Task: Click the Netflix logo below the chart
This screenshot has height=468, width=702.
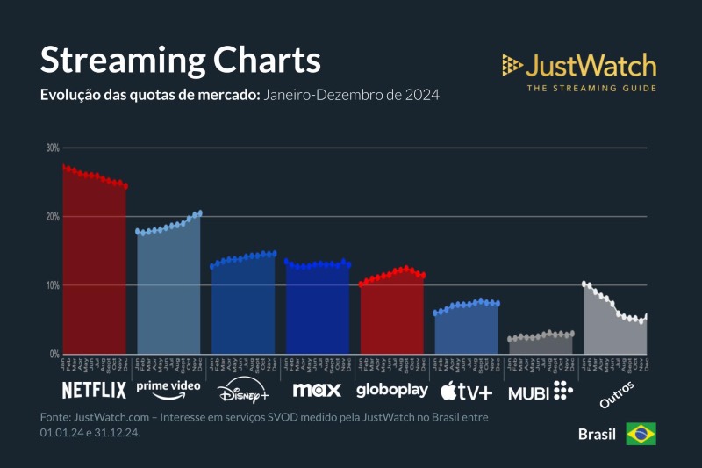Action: pyautogui.click(x=94, y=390)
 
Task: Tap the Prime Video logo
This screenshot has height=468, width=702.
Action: pyautogui.click(x=168, y=387)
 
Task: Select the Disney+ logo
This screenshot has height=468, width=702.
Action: pyautogui.click(x=243, y=390)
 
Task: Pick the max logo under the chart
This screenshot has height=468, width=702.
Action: pyautogui.click(x=317, y=389)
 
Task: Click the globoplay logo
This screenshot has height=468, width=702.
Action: pyautogui.click(x=392, y=390)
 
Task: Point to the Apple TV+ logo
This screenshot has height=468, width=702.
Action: pyautogui.click(x=466, y=390)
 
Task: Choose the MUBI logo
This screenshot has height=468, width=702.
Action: pyautogui.click(x=540, y=391)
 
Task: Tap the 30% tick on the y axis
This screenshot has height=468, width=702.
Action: pyautogui.click(x=53, y=148)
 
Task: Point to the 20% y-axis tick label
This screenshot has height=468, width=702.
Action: pyautogui.click(x=53, y=216)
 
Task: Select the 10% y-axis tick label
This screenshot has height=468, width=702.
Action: pyautogui.click(x=53, y=285)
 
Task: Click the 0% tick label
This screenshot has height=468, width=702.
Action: pyautogui.click(x=54, y=354)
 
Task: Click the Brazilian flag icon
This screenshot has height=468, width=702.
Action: pyautogui.click(x=641, y=434)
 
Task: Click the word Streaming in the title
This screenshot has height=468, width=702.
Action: pyautogui.click(x=118, y=61)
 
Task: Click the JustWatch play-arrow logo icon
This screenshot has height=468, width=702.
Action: pyautogui.click(x=512, y=65)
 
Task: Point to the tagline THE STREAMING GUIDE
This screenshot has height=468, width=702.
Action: pyautogui.click(x=591, y=88)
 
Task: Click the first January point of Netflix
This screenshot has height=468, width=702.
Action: pyautogui.click(x=64, y=167)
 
